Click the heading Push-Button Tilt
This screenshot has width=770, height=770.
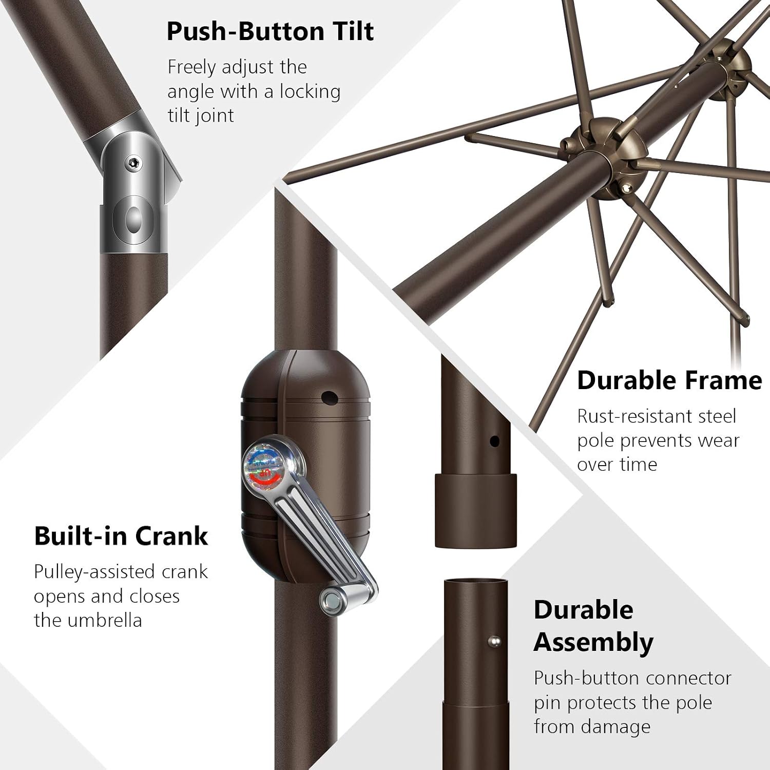(270, 31)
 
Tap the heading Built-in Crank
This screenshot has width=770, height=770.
(121, 536)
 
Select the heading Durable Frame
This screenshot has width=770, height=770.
(669, 380)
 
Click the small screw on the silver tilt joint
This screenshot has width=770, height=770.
(133, 163)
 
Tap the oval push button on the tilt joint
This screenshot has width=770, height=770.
(133, 219)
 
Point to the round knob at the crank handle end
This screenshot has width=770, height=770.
(333, 598)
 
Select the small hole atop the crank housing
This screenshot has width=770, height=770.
(329, 397)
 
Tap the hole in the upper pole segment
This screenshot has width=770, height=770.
(495, 441)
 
